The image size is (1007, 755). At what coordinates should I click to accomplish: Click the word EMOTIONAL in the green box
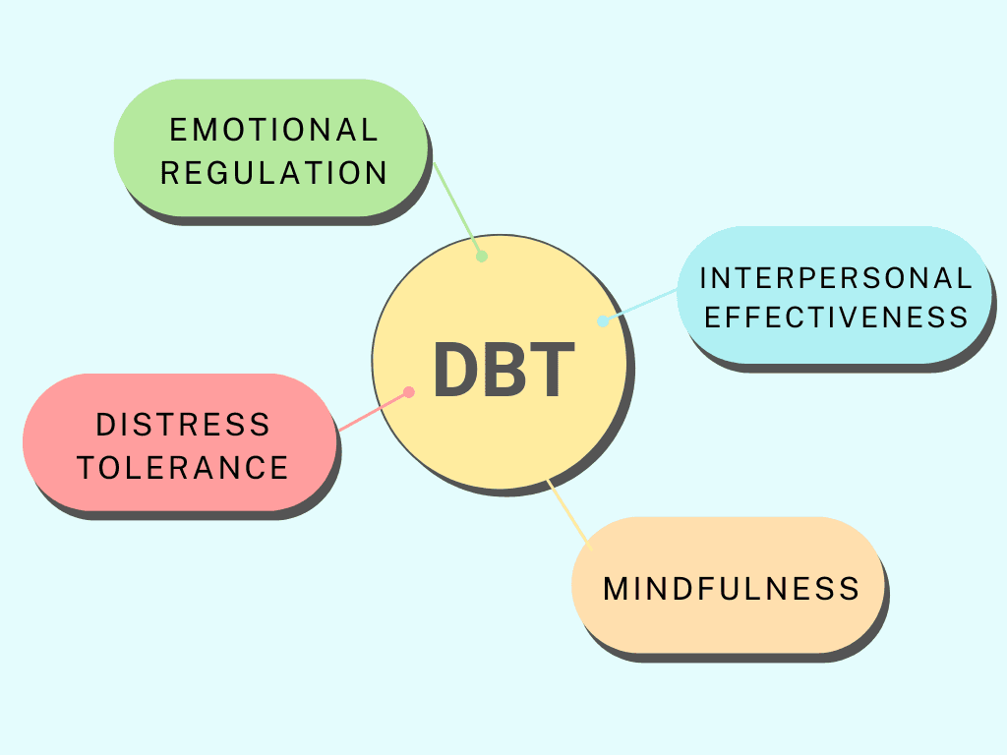click(273, 130)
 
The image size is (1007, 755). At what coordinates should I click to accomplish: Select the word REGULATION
click(273, 173)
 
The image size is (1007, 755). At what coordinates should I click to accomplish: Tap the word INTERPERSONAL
click(836, 278)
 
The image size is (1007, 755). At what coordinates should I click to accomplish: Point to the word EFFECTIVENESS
click(836, 318)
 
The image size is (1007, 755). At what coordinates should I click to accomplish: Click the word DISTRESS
click(183, 425)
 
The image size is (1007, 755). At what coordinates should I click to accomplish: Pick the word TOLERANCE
click(183, 468)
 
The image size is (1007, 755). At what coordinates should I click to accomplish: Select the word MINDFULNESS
click(731, 589)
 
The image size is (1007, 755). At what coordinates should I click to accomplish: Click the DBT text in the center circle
click(503, 370)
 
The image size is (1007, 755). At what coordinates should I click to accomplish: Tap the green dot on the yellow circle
click(482, 257)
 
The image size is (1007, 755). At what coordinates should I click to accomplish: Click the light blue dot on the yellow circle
click(603, 320)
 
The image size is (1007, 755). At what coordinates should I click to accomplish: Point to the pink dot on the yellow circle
click(409, 392)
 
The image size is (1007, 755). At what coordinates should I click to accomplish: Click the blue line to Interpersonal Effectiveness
click(641, 305)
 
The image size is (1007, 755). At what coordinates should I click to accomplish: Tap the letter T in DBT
click(552, 370)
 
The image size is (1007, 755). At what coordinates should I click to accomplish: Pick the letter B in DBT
click(503, 370)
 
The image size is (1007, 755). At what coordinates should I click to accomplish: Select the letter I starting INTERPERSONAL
click(703, 278)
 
